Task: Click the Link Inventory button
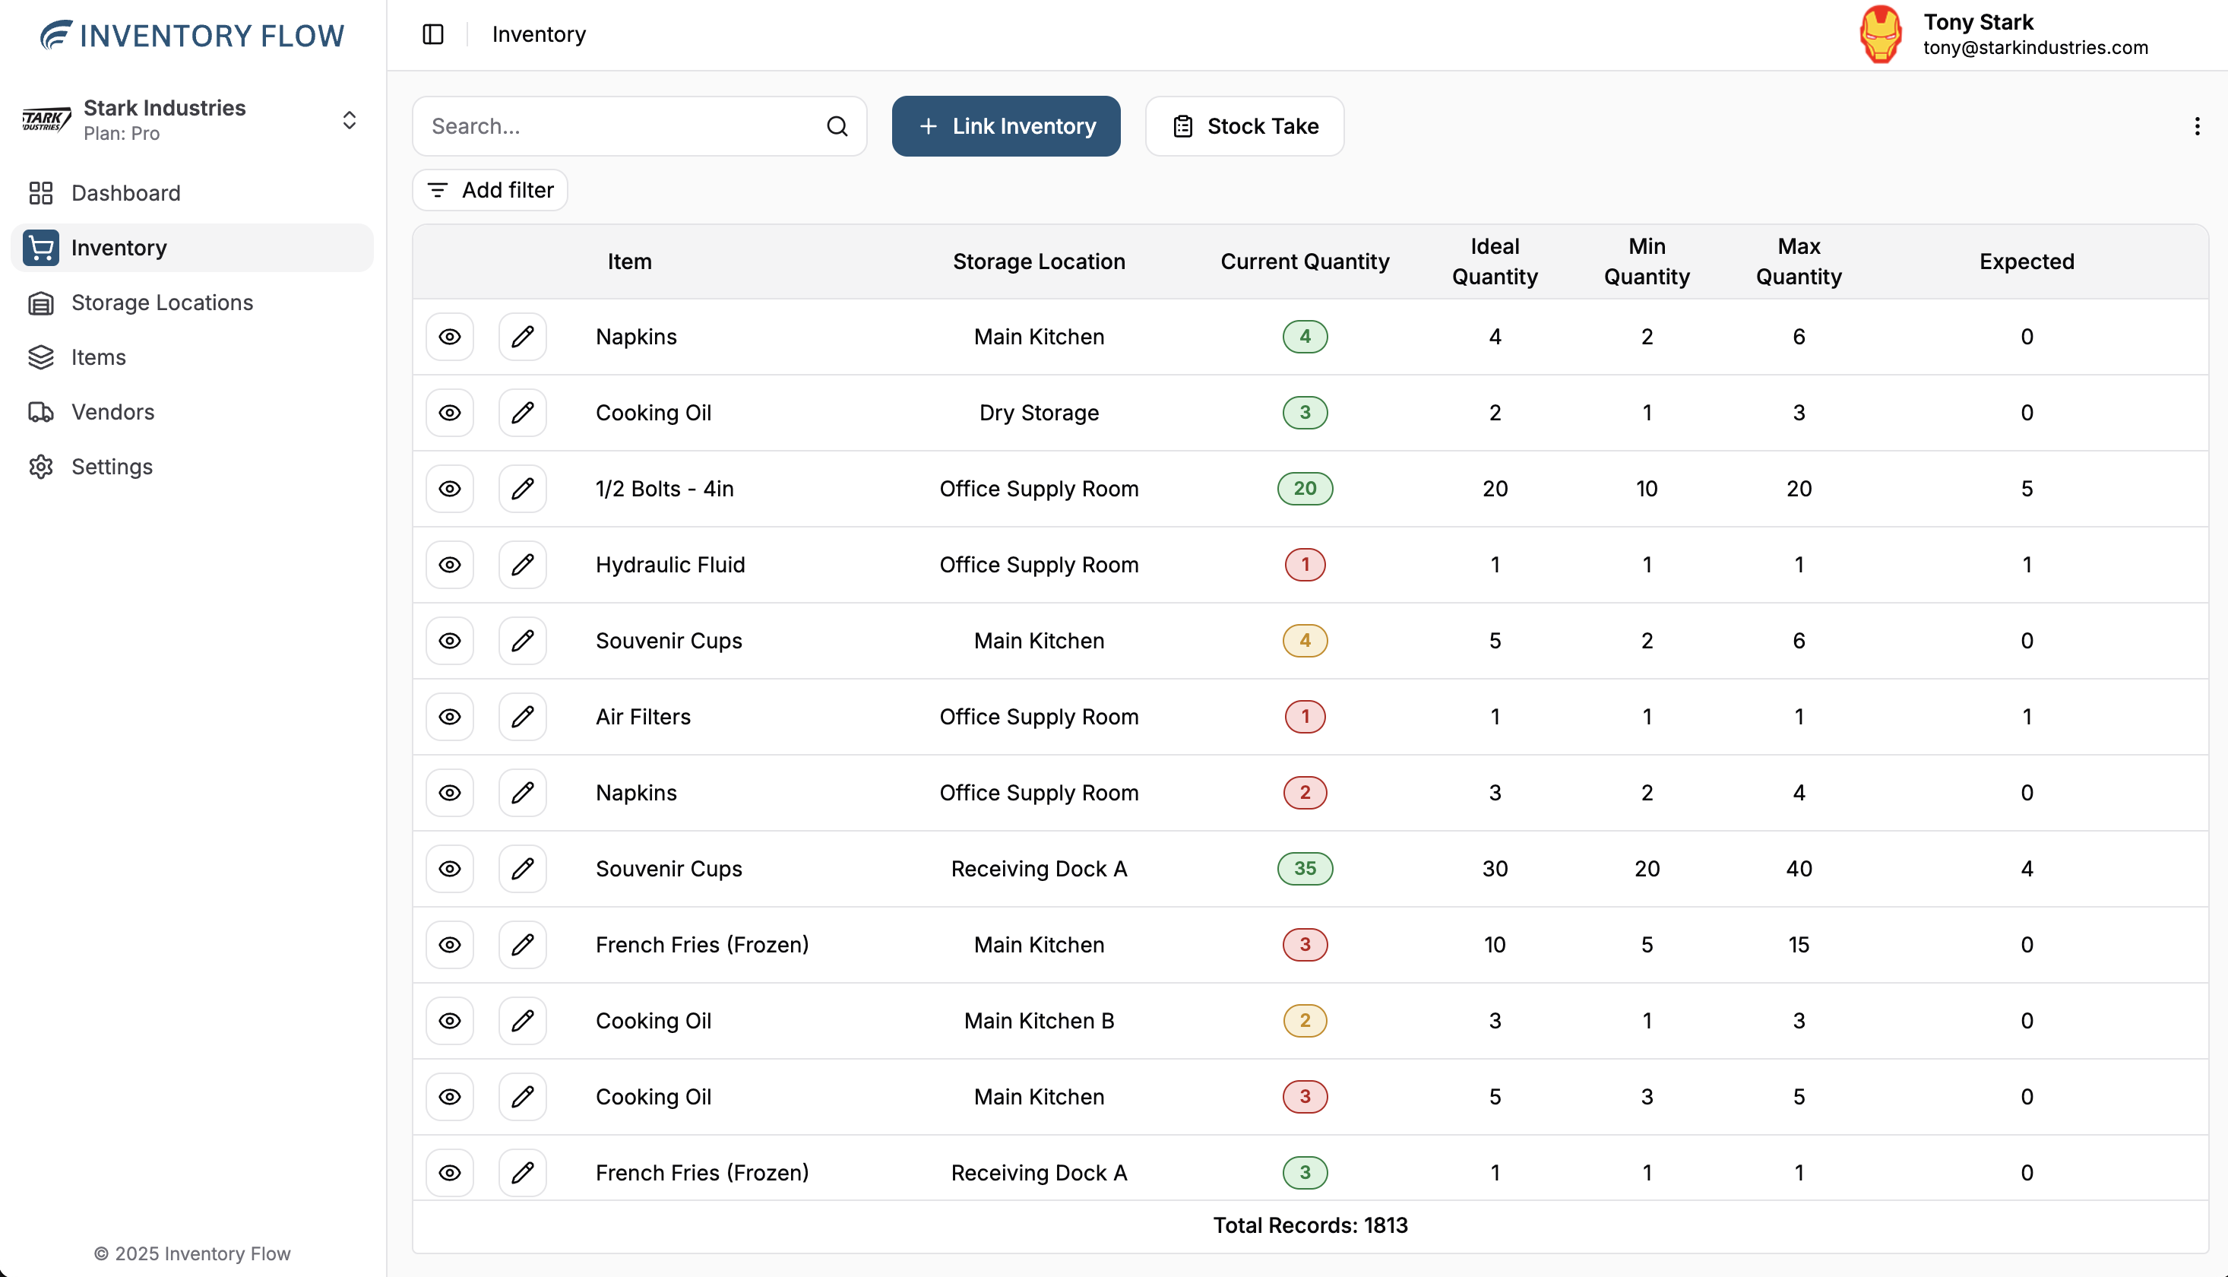[1005, 126]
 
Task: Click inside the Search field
[622, 126]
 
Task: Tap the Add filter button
[490, 190]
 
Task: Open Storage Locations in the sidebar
[161, 303]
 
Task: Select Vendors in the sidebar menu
[112, 412]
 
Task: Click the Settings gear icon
[40, 467]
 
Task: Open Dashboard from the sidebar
[125, 193]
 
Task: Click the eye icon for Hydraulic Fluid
[450, 565]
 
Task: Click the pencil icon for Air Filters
[523, 717]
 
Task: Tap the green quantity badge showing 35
[1305, 868]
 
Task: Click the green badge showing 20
[1305, 489]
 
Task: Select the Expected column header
[2027, 261]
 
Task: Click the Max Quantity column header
[1799, 261]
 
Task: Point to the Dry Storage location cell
[1038, 412]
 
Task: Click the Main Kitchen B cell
[1038, 1021]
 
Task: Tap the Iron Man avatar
[1880, 35]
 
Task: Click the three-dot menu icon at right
[2196, 126]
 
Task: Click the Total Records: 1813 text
[1310, 1225]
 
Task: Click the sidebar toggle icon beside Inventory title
[433, 34]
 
